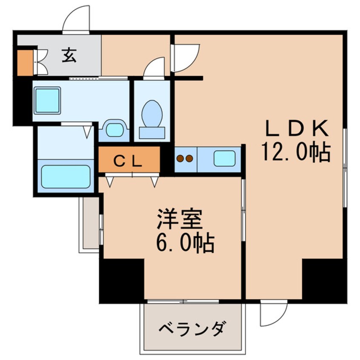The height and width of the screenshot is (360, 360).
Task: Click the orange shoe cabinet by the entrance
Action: tap(25, 63)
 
